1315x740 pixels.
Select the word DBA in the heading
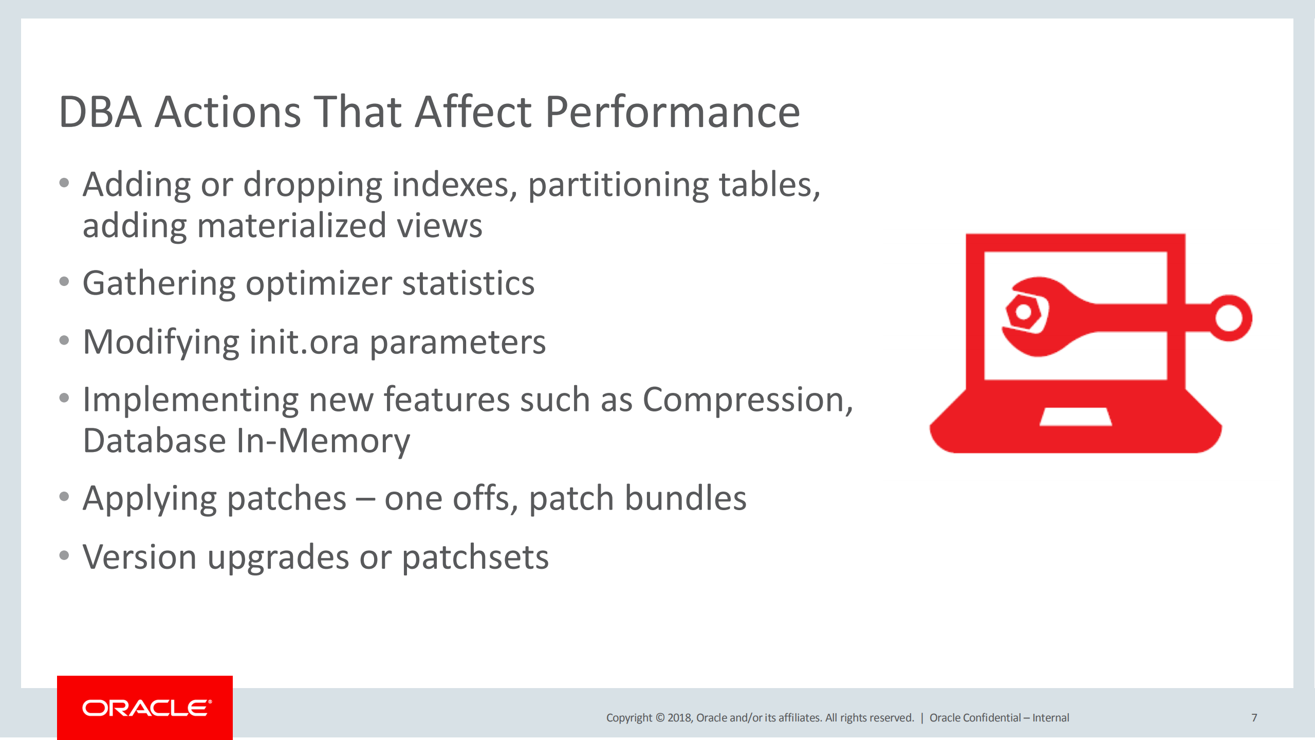tap(100, 112)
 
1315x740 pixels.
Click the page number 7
tap(1254, 717)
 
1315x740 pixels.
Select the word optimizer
tap(319, 284)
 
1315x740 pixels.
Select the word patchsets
tap(475, 557)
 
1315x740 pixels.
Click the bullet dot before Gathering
tap(64, 281)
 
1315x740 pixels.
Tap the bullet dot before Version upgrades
tap(64, 555)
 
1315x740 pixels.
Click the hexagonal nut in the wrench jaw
tap(1024, 312)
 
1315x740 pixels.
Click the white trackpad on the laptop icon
tap(1076, 417)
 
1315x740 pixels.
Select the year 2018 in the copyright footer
tap(679, 717)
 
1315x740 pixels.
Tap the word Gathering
tap(159, 284)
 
